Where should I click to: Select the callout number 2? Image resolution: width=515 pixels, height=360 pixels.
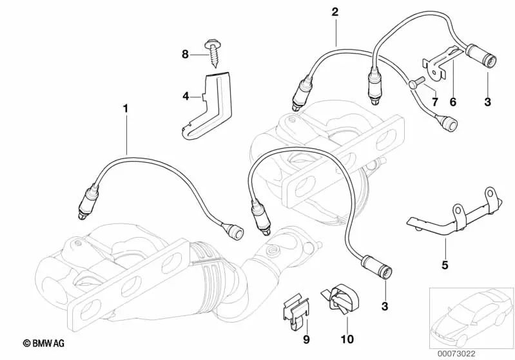(335, 12)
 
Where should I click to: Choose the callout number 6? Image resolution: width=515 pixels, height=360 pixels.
(452, 102)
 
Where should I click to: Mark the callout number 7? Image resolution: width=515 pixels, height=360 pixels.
(434, 102)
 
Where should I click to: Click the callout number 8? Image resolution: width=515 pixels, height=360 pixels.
(184, 55)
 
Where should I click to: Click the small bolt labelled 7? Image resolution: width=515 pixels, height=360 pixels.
(415, 82)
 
